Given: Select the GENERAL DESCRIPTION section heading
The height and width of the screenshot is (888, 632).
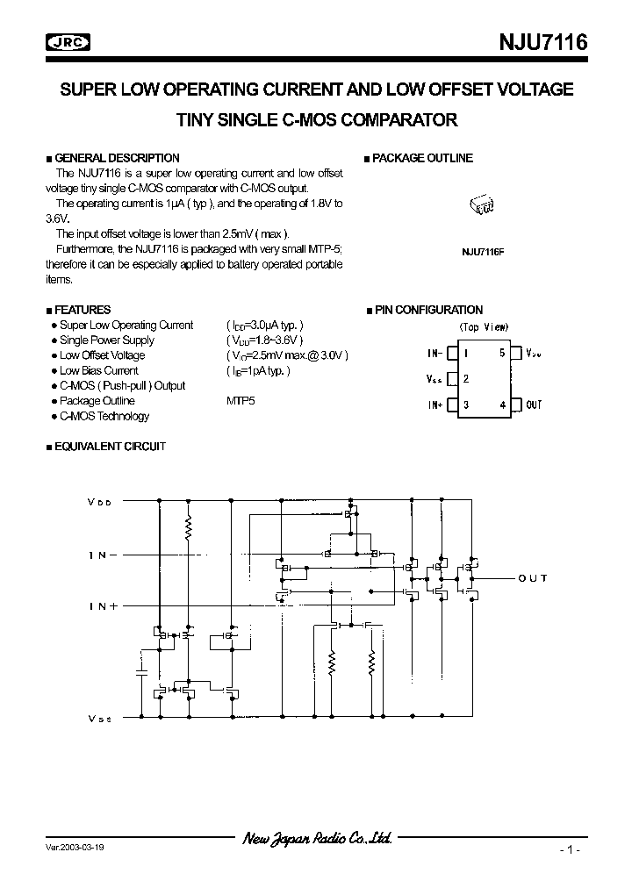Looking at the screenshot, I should coord(117,158).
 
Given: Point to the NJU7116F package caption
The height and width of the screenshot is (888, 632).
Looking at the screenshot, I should coord(483,251).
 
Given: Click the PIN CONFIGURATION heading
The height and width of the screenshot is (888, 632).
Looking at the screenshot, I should coord(428,310).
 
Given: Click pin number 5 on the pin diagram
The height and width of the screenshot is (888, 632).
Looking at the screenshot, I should coord(502,353).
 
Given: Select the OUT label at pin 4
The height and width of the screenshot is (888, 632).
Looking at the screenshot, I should coord(534,405).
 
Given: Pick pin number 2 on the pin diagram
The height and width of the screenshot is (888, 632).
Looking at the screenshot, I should coord(466,379).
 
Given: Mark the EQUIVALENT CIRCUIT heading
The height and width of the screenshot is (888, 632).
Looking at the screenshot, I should coord(110,447).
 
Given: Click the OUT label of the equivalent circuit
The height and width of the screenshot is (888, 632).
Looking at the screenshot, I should coord(533,578).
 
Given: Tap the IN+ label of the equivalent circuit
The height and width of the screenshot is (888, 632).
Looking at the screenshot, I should coord(103,606).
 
